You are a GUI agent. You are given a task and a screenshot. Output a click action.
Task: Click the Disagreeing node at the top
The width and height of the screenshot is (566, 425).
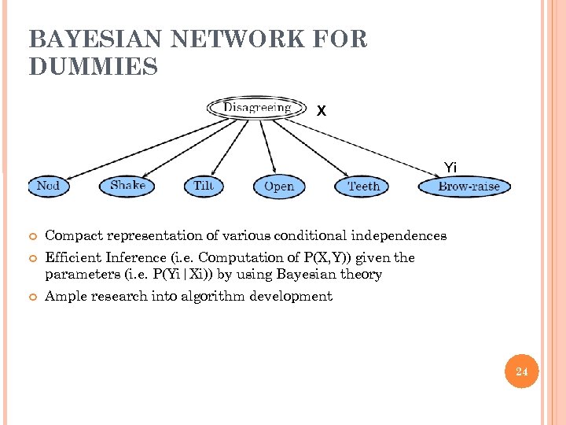(256, 107)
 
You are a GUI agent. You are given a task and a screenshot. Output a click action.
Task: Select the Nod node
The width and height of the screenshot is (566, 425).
(48, 186)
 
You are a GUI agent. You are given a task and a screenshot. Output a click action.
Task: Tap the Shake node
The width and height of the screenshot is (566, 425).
(127, 186)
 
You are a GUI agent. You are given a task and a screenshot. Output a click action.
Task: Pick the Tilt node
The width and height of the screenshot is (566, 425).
(203, 186)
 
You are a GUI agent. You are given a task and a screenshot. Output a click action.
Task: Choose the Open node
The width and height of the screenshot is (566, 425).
(278, 187)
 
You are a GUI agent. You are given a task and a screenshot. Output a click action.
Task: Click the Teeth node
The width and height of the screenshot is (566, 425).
(363, 187)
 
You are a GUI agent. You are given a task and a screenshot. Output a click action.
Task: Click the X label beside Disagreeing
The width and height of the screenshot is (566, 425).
(321, 112)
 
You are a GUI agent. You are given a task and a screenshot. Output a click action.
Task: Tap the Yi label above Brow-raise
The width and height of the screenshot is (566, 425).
(450, 167)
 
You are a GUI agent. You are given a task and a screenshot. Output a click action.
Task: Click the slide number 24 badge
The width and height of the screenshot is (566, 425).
(522, 371)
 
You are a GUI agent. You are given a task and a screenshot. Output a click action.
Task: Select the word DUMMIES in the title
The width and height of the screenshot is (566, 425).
(93, 68)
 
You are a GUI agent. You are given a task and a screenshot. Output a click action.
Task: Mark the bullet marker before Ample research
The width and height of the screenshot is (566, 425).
(32, 297)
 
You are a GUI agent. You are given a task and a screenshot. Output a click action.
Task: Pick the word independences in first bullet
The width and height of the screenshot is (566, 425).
(399, 235)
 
